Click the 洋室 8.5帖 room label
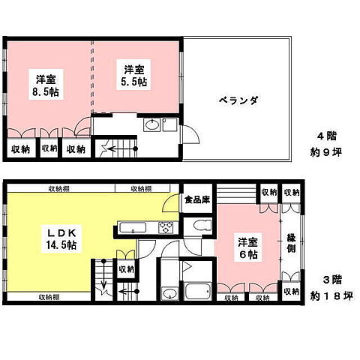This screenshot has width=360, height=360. pos(47,84)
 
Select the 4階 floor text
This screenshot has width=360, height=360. pos(327,136)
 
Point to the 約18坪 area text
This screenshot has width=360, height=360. pos(331,296)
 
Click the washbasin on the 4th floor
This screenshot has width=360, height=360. pos(150,125)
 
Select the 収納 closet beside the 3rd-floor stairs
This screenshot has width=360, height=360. pos(126,268)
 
